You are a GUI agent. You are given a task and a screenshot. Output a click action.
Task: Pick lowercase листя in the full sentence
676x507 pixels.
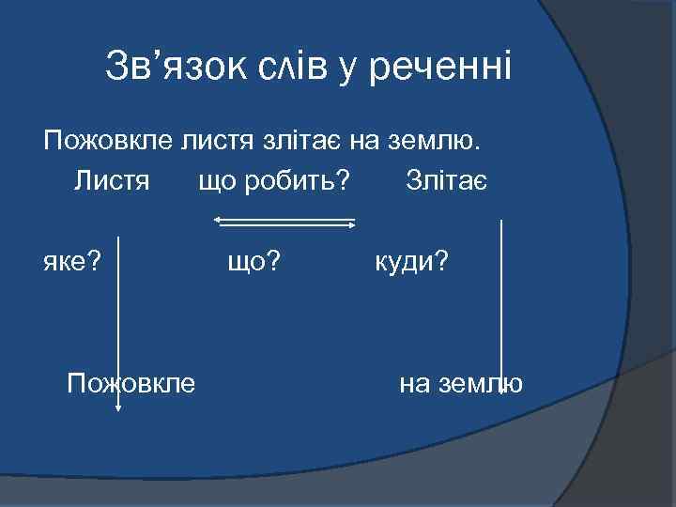click(219, 142)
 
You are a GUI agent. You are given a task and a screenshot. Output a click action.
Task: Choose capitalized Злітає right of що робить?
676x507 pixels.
click(447, 178)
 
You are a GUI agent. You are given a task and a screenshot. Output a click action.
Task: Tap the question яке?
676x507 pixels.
click(73, 261)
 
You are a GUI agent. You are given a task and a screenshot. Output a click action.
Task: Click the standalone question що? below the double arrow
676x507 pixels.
click(254, 261)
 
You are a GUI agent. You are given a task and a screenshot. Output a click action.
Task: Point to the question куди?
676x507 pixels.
click(412, 261)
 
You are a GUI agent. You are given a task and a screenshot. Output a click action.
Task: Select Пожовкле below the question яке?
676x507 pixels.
click(131, 383)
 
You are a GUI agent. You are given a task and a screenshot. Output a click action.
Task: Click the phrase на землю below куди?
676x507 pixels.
click(460, 383)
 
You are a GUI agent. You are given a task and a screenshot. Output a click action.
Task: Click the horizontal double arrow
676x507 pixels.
click(284, 223)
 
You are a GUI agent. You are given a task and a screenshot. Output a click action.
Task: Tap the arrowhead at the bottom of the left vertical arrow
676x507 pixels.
click(118, 407)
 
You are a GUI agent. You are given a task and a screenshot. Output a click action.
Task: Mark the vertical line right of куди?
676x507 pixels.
click(502, 300)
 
